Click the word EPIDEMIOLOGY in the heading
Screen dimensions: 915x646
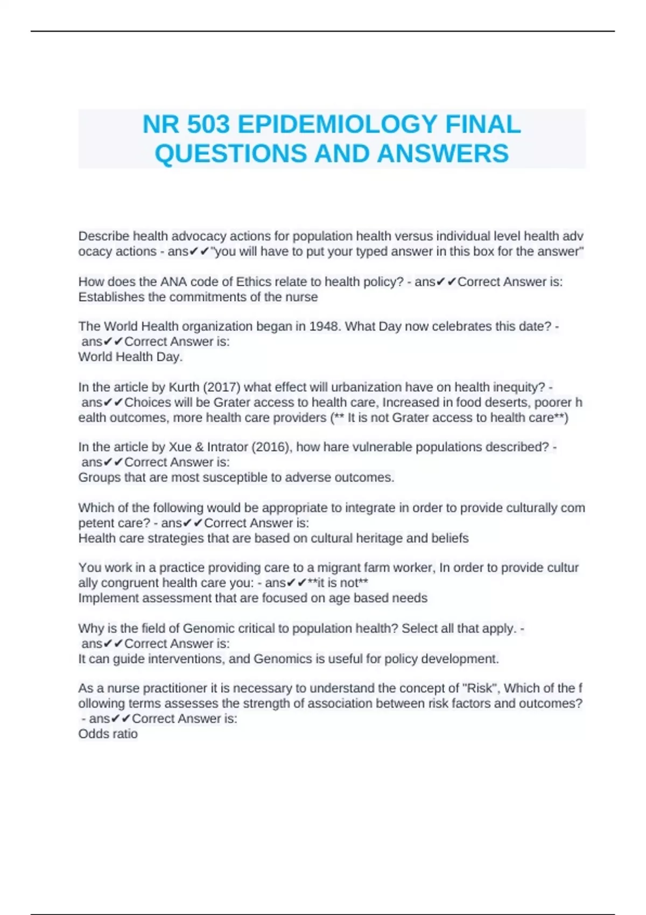(x=337, y=125)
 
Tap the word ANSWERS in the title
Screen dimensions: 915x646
(x=443, y=154)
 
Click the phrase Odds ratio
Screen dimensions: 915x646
(x=108, y=734)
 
